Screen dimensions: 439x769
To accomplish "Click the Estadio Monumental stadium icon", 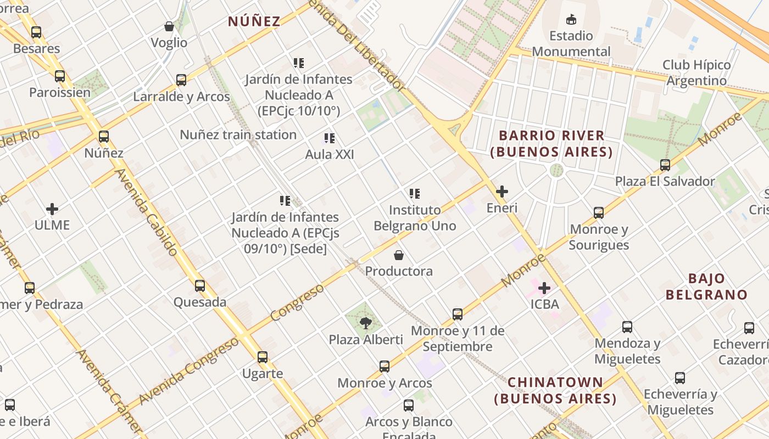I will (x=571, y=20).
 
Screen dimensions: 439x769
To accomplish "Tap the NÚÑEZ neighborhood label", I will (x=254, y=21).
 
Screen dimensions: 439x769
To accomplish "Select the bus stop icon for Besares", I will (x=36, y=32).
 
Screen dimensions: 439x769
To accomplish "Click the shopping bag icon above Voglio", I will (x=169, y=26).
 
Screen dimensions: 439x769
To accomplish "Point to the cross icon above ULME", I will (x=52, y=209).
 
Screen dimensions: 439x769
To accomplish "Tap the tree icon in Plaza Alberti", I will (x=366, y=323).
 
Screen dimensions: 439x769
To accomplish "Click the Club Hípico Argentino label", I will (x=696, y=73).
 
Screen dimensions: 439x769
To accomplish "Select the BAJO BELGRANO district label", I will (x=706, y=286).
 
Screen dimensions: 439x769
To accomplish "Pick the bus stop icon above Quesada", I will (x=200, y=286).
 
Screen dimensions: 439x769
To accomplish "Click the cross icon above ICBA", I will (x=544, y=288).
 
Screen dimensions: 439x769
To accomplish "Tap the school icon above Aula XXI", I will (x=330, y=138).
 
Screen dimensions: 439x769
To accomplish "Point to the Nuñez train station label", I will (x=238, y=134).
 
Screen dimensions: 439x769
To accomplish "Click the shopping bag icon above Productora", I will (x=399, y=255).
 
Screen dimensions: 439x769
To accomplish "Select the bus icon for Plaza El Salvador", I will (x=665, y=165).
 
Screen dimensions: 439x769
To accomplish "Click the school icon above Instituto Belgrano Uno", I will (x=415, y=194).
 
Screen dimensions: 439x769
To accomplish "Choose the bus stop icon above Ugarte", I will (x=263, y=357).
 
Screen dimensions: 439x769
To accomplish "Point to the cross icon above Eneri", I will (x=501, y=192).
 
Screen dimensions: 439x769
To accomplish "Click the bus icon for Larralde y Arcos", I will (x=181, y=80).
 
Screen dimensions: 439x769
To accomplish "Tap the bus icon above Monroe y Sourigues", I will (x=599, y=213).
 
